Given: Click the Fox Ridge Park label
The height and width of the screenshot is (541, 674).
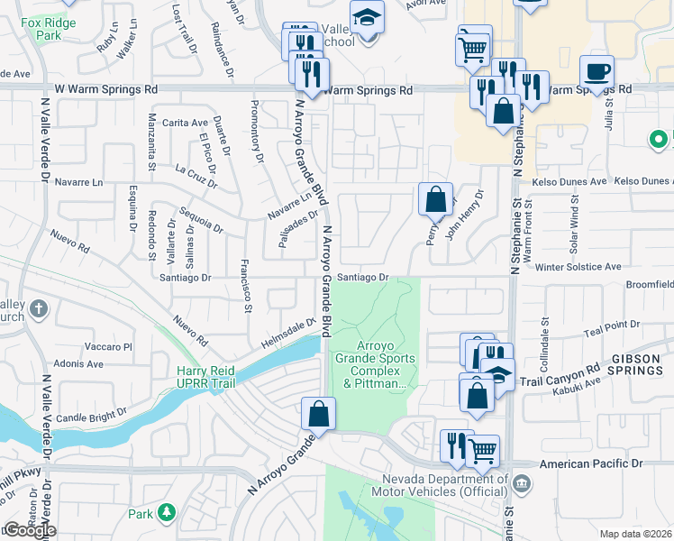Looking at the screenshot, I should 43,29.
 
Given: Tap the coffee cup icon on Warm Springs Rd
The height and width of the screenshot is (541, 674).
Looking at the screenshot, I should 597,71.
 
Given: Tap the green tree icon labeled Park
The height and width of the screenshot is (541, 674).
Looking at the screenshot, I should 165,513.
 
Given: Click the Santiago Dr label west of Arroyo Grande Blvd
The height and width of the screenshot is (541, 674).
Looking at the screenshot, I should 185,279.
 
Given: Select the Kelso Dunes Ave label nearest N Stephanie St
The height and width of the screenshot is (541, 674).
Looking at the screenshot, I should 571,181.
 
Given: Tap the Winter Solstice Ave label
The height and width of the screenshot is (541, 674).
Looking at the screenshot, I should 578,267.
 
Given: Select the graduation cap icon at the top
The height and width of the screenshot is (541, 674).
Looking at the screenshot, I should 367,18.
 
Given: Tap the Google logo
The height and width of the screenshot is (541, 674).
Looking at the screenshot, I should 29,531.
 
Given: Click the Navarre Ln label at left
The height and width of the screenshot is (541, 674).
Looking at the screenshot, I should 79,182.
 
